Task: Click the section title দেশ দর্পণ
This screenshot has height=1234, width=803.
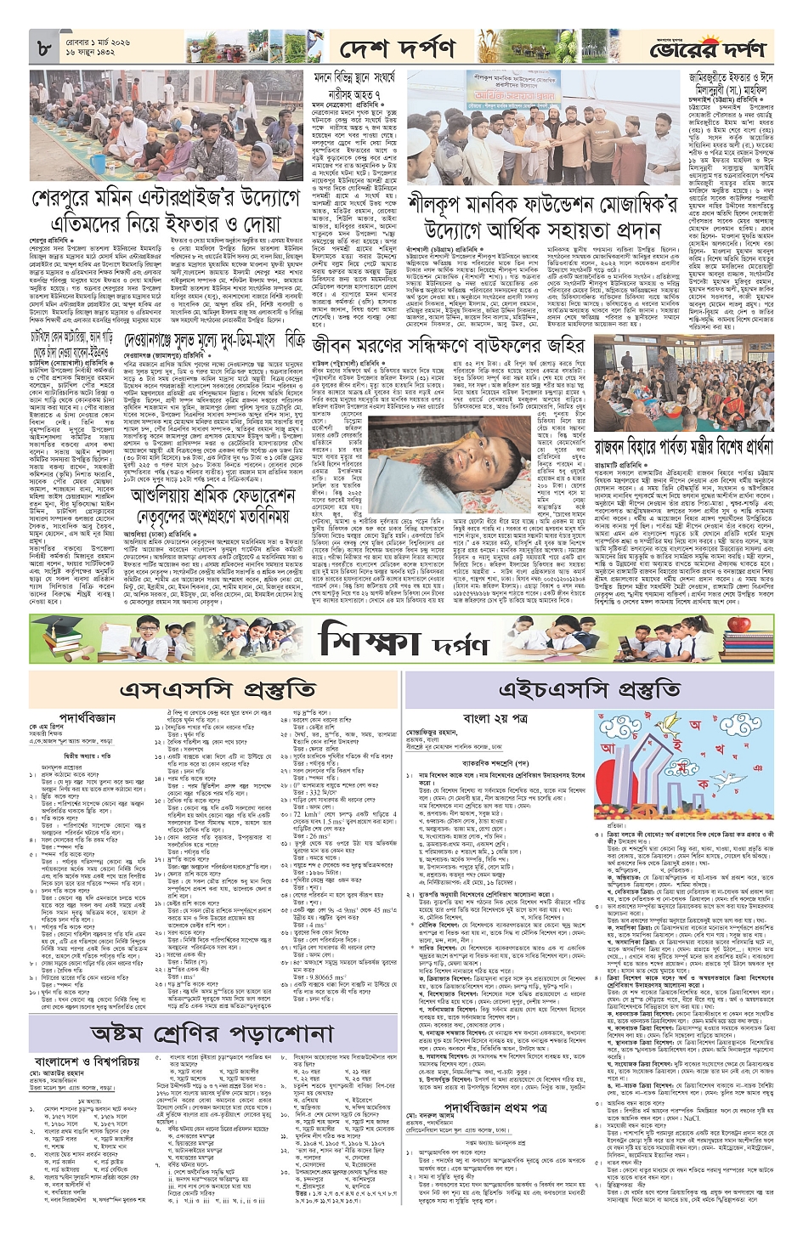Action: (393, 48)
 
